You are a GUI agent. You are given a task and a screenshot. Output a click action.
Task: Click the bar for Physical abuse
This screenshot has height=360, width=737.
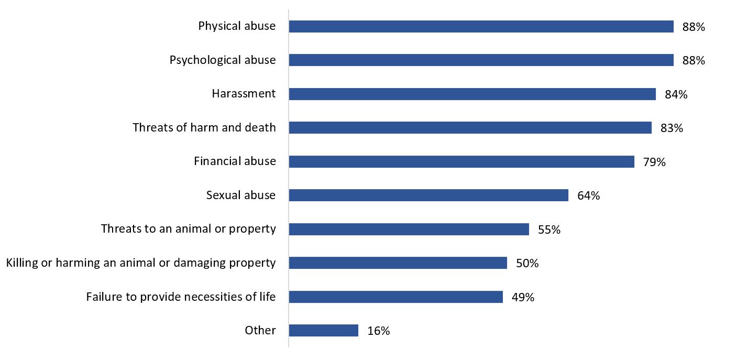click(481, 27)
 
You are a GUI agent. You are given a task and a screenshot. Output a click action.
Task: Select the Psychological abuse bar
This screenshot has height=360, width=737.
click(481, 60)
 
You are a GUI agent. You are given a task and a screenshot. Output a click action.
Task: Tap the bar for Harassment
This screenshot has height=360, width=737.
click(472, 94)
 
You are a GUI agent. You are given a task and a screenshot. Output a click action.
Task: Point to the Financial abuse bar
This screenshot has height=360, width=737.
click(461, 161)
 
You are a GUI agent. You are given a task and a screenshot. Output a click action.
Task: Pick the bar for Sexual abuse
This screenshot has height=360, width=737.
click(428, 195)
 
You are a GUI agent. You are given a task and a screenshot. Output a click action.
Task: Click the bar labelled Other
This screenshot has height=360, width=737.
click(323, 331)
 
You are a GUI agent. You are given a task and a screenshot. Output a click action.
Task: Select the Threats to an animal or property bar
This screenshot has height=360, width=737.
click(409, 229)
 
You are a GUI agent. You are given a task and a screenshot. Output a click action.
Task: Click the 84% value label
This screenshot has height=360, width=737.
click(676, 94)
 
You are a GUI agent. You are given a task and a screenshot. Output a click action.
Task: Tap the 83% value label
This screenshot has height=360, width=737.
click(672, 128)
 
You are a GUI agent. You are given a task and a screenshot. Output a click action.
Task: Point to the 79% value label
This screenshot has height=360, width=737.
click(654, 162)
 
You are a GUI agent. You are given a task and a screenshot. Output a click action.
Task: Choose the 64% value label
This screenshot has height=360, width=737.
click(589, 196)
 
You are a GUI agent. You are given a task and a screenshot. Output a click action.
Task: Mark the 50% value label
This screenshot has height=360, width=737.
click(527, 263)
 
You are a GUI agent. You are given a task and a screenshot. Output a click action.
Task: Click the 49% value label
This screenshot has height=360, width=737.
click(523, 297)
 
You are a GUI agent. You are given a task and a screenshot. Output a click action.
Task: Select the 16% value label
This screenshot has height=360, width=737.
click(378, 331)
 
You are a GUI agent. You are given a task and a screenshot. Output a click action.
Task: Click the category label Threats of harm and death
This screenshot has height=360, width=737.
click(204, 127)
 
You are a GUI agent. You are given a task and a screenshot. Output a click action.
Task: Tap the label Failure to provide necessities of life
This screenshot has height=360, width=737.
click(181, 297)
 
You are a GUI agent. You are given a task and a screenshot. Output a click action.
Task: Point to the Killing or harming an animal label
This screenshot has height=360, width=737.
click(141, 263)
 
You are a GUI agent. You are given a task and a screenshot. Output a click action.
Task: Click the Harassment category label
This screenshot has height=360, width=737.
click(244, 94)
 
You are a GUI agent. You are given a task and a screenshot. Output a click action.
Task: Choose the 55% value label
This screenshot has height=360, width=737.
click(549, 230)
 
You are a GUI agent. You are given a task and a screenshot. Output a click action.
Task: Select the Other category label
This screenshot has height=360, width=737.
click(260, 330)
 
